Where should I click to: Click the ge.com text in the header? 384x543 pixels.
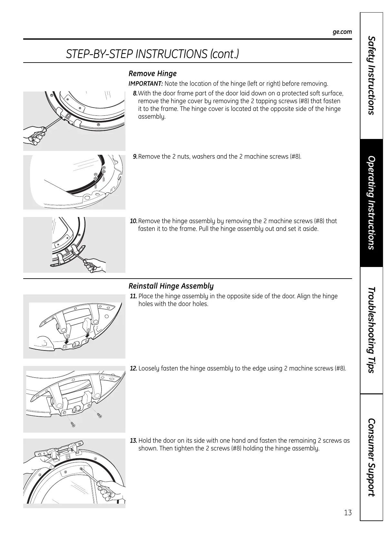point(342,32)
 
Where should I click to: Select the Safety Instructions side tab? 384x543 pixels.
point(371,75)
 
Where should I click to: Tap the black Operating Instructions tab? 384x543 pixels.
point(371,202)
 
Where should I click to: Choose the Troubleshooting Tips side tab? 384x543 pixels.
point(371,330)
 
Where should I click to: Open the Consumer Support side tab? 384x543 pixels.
point(371,457)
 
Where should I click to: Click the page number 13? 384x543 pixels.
point(348,513)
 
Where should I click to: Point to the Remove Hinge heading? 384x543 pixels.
point(153,74)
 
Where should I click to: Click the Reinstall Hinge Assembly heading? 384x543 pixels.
point(171,286)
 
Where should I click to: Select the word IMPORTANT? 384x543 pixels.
point(145,84)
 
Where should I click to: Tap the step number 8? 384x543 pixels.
point(135,94)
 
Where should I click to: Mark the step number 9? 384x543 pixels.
point(135,157)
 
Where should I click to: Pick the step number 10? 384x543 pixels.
point(133,221)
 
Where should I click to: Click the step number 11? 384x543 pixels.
point(133,296)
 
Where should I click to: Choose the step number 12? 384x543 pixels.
point(133,369)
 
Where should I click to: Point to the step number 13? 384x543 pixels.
point(133,441)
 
